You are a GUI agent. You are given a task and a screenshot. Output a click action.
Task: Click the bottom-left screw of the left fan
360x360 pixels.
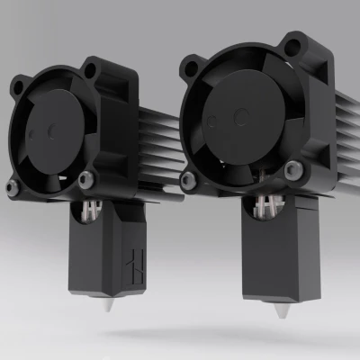[x=12, y=187]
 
